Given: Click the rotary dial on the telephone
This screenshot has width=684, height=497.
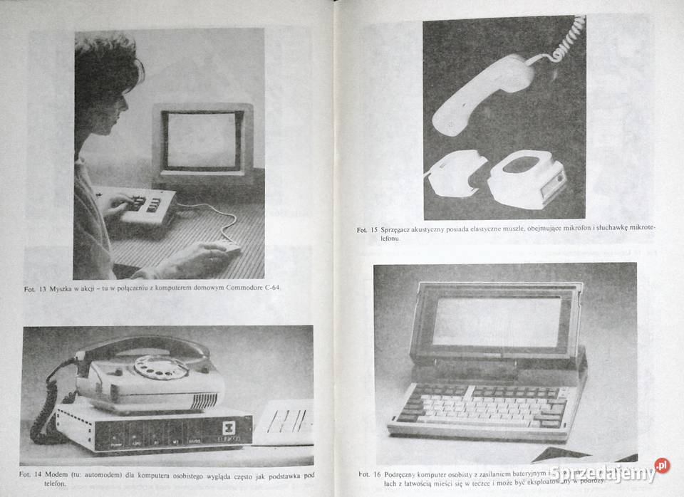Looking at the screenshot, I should tap(161, 367).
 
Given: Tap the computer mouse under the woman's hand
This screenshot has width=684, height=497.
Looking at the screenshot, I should tap(229, 248).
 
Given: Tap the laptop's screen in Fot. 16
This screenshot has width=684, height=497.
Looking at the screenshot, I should tap(497, 321).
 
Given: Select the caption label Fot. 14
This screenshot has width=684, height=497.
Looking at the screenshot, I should tap(32, 474).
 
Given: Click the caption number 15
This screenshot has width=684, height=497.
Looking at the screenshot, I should tap(373, 230).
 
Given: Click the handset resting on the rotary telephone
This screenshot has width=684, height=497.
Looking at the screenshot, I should tap(142, 349).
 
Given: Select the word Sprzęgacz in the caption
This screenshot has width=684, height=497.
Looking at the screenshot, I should tap(402, 230).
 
